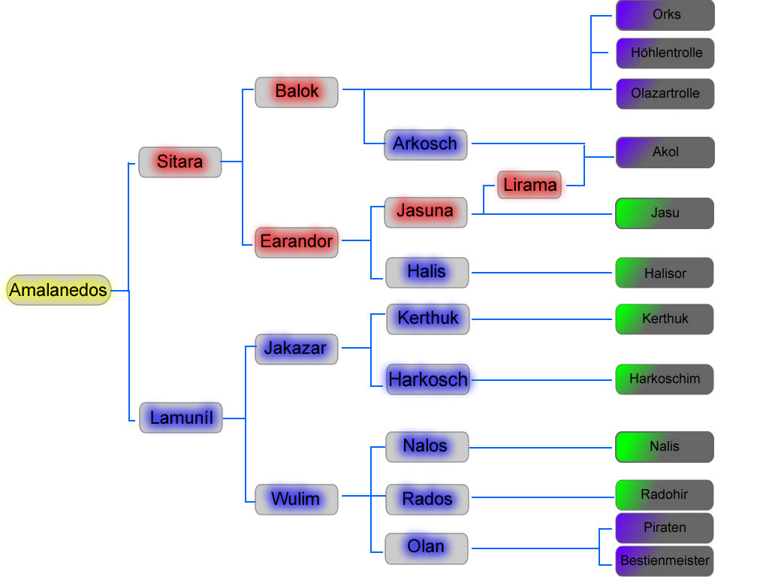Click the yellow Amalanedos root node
59,290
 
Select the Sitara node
180,162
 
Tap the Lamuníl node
181,417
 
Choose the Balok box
297,92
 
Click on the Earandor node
296,242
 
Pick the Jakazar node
296,349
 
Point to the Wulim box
296,499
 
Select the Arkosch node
425,144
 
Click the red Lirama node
529,185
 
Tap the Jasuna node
425,212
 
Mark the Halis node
427,272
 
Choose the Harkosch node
427,379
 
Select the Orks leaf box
665,15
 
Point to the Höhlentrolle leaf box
665,53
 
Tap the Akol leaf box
665,152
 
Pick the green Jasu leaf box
665,213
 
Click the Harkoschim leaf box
665,379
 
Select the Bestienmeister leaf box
665,560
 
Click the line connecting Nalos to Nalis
541,448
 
